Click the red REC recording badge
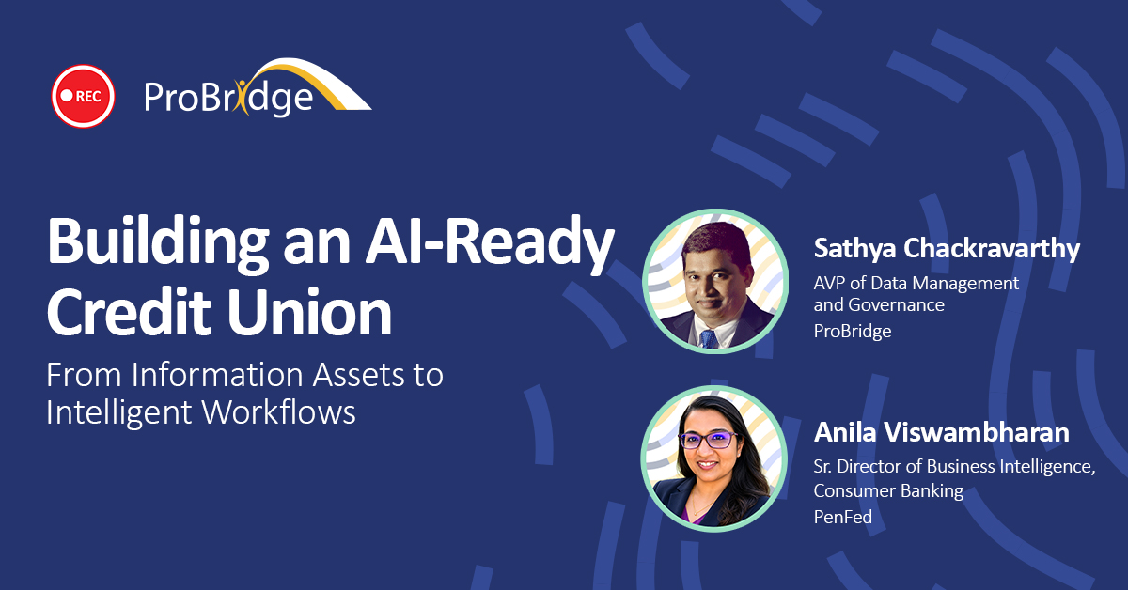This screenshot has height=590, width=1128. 83,96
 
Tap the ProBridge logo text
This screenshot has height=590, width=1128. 228,97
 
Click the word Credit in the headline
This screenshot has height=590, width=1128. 129,312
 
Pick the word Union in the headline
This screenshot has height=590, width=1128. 309,312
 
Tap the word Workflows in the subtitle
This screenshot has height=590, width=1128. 279,412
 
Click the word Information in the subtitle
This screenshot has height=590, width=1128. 217,375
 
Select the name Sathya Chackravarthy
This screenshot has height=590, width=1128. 947,249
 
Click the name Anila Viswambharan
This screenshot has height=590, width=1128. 941,432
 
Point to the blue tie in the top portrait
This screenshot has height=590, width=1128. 709,339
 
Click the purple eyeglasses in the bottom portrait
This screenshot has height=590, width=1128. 708,441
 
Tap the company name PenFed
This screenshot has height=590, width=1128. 843,517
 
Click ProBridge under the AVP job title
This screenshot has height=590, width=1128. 853,331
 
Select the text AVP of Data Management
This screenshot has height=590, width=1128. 916,284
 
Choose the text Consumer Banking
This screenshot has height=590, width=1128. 888,490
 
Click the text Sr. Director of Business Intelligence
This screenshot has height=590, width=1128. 954,467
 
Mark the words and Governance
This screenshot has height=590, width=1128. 879,305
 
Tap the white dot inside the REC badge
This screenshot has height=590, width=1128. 67,95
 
